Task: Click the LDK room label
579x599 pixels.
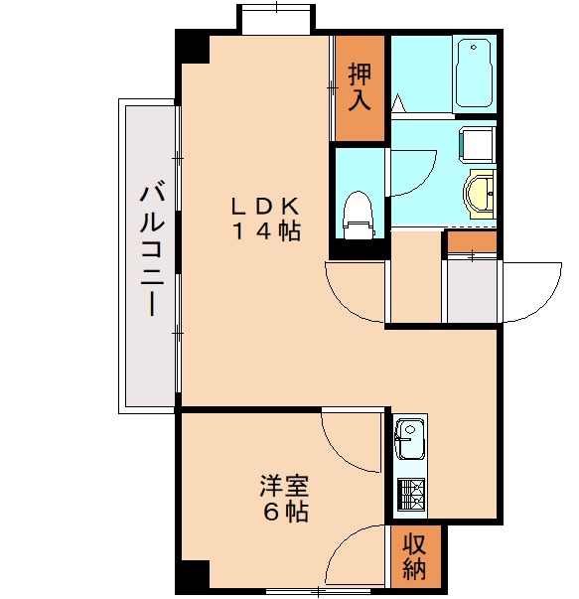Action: pyautogui.click(x=265, y=207)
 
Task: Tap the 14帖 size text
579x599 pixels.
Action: pyautogui.click(x=266, y=231)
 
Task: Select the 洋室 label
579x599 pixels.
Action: pyautogui.click(x=284, y=487)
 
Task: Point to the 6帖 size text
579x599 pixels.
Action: pyautogui.click(x=284, y=513)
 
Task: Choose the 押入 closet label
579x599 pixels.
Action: pyautogui.click(x=359, y=87)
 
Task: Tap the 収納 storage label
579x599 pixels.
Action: pyautogui.click(x=414, y=557)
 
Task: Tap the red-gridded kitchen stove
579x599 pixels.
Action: pyautogui.click(x=410, y=493)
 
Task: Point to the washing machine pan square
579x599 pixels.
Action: pyautogui.click(x=478, y=143)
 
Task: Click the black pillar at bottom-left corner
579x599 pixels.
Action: pyautogui.click(x=193, y=576)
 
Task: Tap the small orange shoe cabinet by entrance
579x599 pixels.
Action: pyautogui.click(x=471, y=240)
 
